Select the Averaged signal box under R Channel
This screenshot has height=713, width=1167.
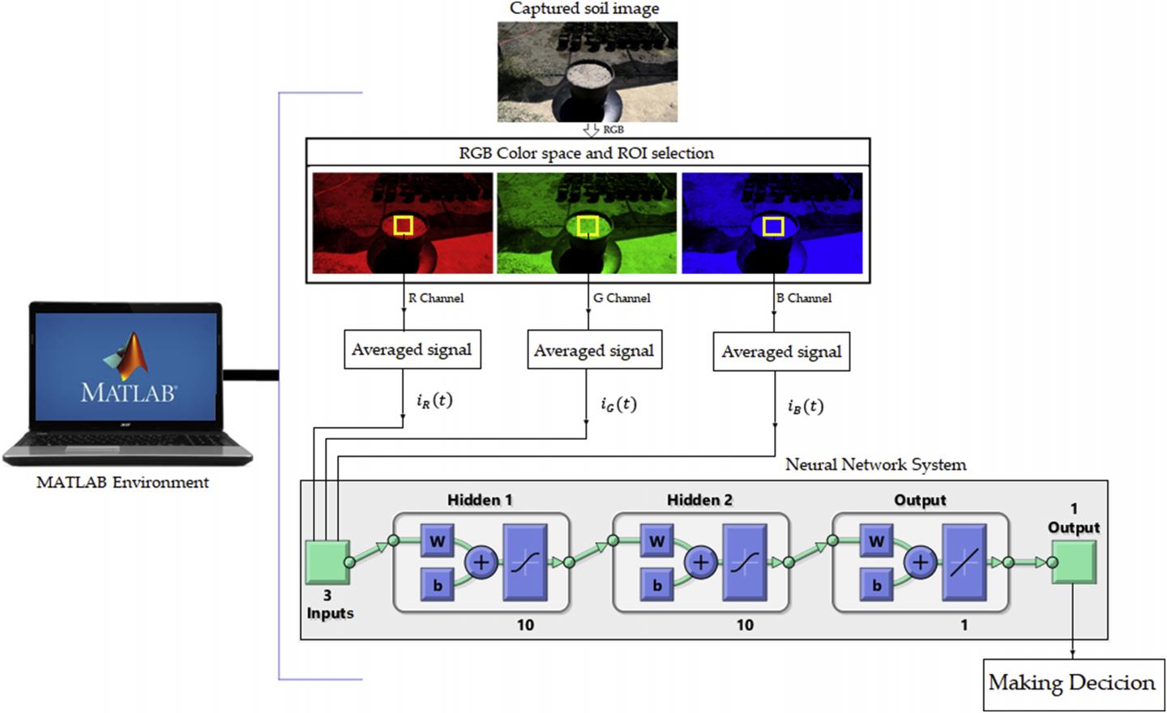tap(413, 350)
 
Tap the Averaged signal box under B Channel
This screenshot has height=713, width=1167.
tap(781, 352)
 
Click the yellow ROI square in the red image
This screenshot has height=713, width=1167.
tap(404, 225)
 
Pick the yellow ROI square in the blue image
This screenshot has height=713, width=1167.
tap(773, 226)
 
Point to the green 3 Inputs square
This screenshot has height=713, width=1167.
tap(327, 562)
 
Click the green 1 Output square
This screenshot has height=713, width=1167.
tap(1074, 562)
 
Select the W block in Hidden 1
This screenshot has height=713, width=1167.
tap(438, 541)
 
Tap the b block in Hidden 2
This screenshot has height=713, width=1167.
tap(657, 585)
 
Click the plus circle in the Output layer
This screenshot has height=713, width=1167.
tap(921, 562)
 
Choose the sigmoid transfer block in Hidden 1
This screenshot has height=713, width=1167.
tap(525, 562)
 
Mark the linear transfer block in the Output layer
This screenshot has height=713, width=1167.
tap(964, 562)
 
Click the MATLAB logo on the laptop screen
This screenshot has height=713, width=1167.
tap(126, 356)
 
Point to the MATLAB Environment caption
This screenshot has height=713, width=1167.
tap(122, 483)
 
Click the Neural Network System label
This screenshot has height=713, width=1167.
tap(875, 465)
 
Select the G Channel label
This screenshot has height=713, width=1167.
tap(622, 298)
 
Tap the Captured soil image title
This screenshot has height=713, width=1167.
tap(584, 8)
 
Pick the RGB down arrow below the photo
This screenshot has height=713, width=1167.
tap(592, 130)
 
